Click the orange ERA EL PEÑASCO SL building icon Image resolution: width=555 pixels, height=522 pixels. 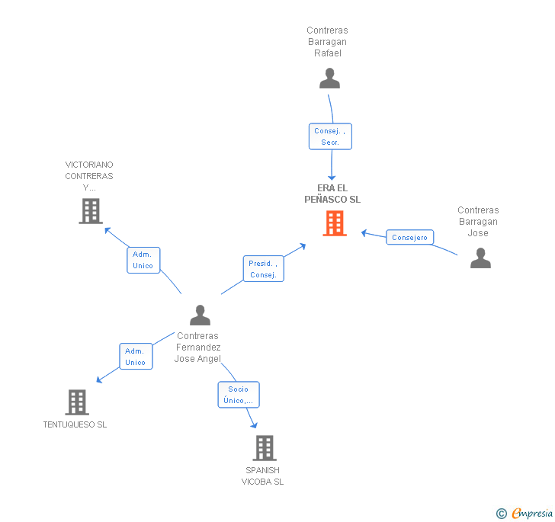(x=334, y=223)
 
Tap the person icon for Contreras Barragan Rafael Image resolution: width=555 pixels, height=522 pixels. (x=329, y=78)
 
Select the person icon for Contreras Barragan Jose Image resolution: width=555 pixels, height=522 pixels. (x=480, y=258)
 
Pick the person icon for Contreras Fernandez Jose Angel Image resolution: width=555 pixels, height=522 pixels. (x=200, y=315)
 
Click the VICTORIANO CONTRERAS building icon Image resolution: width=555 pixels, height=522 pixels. (x=91, y=210)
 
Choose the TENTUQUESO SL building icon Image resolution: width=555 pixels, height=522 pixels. (x=77, y=402)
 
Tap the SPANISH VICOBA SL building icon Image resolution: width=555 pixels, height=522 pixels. (x=265, y=447)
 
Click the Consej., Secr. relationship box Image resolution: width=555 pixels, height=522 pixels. (x=330, y=136)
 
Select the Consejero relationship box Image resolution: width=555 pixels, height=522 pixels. (x=409, y=238)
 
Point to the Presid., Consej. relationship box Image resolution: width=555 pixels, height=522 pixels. (x=263, y=269)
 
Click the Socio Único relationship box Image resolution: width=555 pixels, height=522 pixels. (x=239, y=395)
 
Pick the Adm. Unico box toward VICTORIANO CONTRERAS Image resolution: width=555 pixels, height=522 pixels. (x=143, y=260)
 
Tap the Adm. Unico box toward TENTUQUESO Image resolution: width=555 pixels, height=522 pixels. (x=135, y=357)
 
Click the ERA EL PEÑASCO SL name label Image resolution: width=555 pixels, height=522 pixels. (x=332, y=194)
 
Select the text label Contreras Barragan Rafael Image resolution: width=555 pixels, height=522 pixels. (x=327, y=42)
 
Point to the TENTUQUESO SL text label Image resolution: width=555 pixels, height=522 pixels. (x=75, y=424)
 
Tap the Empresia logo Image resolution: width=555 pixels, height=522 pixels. (x=531, y=513)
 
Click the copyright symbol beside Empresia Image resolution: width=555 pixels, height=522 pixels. (x=502, y=514)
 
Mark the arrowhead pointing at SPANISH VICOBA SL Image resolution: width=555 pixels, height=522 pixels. (x=254, y=425)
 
